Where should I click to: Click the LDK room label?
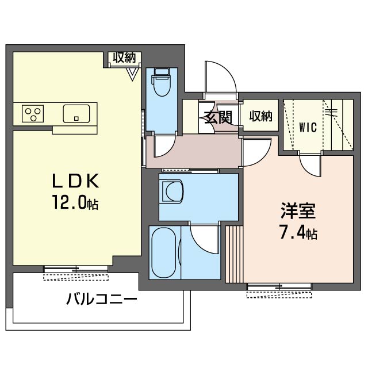75,181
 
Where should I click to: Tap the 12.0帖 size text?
75,202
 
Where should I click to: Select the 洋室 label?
298,210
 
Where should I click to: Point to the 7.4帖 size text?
298,232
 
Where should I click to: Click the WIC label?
308,128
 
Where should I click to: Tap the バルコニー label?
102,299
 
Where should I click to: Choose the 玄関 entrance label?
218,117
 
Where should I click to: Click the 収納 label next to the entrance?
260,116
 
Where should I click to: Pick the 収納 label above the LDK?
124,57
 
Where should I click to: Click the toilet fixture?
162,82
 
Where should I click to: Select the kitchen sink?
76,114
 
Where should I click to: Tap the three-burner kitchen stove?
33,114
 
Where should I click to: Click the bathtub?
163,252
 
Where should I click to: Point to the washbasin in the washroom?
172,191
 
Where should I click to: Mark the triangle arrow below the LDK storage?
133,74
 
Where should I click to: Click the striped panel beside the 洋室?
234,254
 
